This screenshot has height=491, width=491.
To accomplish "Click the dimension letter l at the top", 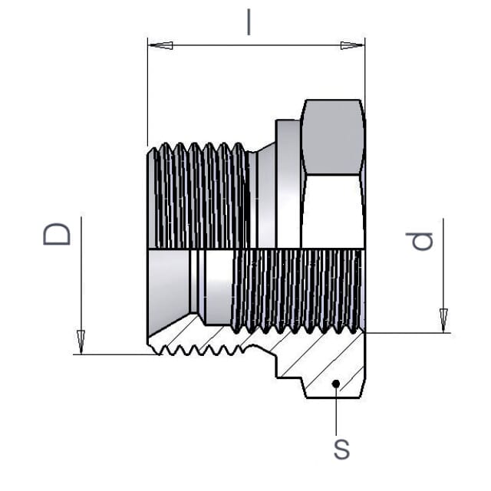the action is click(x=249, y=22).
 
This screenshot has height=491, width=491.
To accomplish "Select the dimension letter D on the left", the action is click(x=57, y=234).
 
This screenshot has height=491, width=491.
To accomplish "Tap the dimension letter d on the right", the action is click(x=419, y=241).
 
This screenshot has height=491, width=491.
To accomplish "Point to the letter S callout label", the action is click(x=341, y=450).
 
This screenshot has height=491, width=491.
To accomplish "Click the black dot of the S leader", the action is click(x=336, y=384).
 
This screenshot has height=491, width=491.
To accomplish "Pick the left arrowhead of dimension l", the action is click(x=161, y=45).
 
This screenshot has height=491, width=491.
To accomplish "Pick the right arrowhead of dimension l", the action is click(x=352, y=45).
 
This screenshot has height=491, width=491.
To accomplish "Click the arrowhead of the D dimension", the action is click(x=81, y=342).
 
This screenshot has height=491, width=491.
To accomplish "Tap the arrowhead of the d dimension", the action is click(x=443, y=321).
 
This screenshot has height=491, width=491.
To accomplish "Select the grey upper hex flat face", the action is click(x=332, y=137).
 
